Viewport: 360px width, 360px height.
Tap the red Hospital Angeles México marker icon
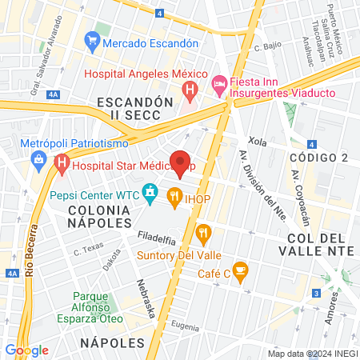coord(189,90)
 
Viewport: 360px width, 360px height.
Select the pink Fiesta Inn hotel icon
coord(218,82)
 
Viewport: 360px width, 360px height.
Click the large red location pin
coord(181,162)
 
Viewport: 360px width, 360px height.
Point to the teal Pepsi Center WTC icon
coord(149,193)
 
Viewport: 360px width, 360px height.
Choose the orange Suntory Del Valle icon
coord(204,234)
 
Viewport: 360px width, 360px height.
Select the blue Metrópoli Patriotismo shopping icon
coord(38,158)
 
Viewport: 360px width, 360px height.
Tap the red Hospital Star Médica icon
coord(62,166)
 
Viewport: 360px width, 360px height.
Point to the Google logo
coord(26,350)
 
